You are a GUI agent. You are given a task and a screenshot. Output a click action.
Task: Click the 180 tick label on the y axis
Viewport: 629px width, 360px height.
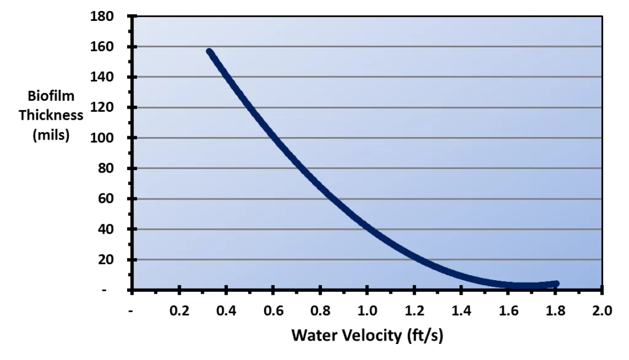tap(103, 16)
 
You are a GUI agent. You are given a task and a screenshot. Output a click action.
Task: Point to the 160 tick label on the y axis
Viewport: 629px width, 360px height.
tap(103, 47)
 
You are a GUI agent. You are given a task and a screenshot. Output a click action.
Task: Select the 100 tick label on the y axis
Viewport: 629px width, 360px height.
tap(103, 138)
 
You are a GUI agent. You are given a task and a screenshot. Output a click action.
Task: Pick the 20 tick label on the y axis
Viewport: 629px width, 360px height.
tap(106, 259)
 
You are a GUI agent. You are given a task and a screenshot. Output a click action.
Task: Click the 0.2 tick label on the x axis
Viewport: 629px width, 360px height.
tap(179, 310)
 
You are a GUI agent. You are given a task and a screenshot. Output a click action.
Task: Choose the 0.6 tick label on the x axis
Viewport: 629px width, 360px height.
tap(273, 310)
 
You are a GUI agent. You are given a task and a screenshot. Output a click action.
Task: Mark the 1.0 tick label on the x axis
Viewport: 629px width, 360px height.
tap(367, 310)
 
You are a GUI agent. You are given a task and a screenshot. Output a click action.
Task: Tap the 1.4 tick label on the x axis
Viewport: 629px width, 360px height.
tap(461, 310)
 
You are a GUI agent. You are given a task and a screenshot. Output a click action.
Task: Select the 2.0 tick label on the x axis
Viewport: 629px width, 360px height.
tap(602, 310)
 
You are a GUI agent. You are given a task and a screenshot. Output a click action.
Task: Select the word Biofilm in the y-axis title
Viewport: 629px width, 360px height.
tap(50, 96)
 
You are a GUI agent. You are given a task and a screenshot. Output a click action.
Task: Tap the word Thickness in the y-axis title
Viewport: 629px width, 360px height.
tap(50, 115)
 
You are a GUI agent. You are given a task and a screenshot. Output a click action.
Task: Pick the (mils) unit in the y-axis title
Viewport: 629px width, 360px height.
tap(50, 135)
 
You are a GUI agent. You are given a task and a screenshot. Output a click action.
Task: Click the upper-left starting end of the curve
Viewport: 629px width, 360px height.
tap(209, 52)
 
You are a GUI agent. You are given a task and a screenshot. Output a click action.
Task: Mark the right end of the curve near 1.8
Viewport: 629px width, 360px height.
tap(556, 283)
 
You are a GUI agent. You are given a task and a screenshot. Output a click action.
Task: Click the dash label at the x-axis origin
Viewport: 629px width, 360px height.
tap(131, 310)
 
